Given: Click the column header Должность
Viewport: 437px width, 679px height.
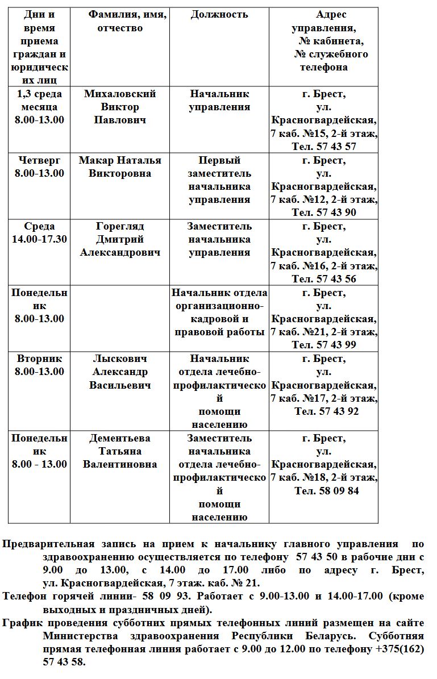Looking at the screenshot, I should pyautogui.click(x=219, y=15).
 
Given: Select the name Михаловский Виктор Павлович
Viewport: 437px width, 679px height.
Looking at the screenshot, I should pyautogui.click(x=119, y=107).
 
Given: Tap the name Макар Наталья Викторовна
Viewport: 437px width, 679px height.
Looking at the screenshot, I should pyautogui.click(x=119, y=166).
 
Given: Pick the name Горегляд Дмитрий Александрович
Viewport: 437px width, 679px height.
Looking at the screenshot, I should pyautogui.click(x=119, y=239).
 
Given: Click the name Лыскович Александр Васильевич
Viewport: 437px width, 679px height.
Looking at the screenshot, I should pyautogui.click(x=119, y=372).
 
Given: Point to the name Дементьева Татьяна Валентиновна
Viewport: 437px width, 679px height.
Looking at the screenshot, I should pyautogui.click(x=119, y=451).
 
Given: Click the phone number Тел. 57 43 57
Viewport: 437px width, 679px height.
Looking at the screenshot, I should pyautogui.click(x=324, y=147).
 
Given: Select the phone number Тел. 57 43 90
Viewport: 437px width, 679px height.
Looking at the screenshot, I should pyautogui.click(x=324, y=213).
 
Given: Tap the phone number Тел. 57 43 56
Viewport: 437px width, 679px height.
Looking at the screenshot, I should pyautogui.click(x=324, y=279).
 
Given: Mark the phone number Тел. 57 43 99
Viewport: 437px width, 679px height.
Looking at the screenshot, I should pyautogui.click(x=324, y=345).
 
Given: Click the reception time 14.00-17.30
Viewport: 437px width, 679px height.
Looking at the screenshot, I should pyautogui.click(x=38, y=239).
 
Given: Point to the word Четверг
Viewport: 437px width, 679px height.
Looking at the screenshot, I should pyautogui.click(x=39, y=160).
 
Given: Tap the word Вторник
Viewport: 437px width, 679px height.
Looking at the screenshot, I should pyautogui.click(x=39, y=359).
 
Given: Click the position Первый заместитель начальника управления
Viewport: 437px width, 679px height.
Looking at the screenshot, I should pyautogui.click(x=219, y=180).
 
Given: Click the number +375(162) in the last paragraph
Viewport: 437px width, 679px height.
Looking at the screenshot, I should pyautogui.click(x=400, y=649).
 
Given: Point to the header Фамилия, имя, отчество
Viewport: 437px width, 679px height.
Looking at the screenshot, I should pyautogui.click(x=127, y=21).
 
